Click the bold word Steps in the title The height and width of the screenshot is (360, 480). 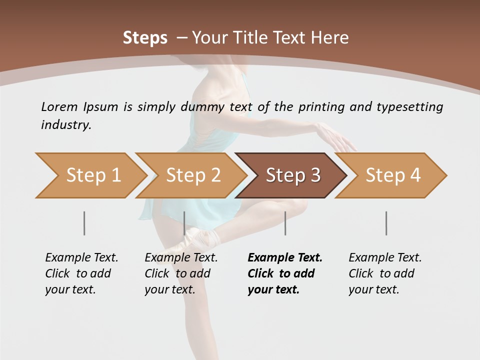145,38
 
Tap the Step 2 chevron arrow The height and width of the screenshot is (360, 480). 190,175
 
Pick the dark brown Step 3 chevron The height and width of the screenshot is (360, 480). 291,175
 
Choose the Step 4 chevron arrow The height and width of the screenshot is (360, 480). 391,175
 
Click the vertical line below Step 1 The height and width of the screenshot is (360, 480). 84,223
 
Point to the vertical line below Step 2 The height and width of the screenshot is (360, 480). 185,223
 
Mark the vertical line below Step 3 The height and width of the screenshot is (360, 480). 285,223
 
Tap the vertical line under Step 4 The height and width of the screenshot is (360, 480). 386,223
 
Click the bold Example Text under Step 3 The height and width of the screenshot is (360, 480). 285,258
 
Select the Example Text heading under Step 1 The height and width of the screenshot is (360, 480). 81,258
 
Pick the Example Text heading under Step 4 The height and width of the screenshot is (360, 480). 385,258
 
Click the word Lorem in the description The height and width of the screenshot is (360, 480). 59,107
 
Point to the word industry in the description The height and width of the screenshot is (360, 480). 66,125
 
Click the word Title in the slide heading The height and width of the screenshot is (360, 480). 254,38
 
